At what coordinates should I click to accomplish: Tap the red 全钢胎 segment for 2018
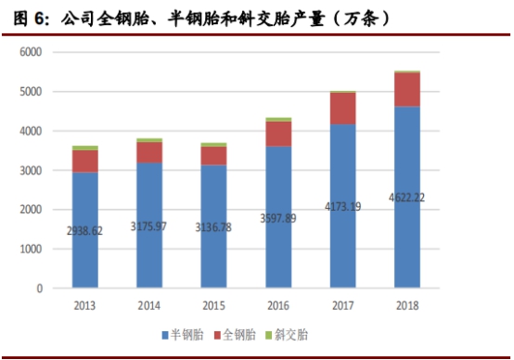point(407,89)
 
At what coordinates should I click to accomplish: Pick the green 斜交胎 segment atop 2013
point(85,148)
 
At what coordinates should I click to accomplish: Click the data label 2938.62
point(85,229)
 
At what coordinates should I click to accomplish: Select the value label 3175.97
point(150,225)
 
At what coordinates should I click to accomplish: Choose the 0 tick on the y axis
point(39,289)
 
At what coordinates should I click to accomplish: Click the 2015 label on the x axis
point(214,305)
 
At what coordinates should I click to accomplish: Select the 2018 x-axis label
point(407,305)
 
